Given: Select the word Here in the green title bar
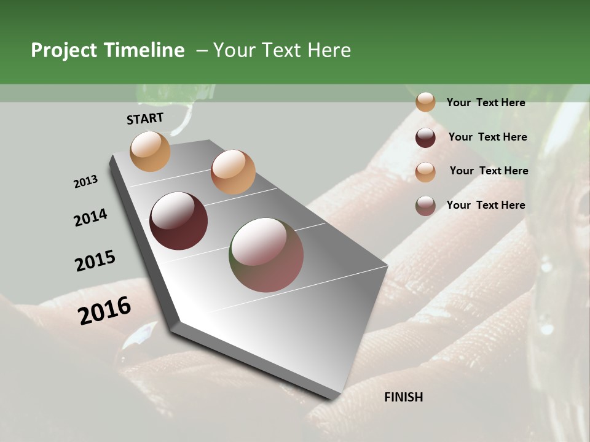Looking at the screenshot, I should [329, 50].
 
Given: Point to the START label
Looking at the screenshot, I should [145, 118].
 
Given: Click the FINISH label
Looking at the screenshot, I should [403, 397].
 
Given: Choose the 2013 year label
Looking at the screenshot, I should [85, 182].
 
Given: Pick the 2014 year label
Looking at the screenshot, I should [90, 217].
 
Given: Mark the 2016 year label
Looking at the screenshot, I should [104, 311].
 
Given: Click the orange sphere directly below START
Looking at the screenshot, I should [151, 151].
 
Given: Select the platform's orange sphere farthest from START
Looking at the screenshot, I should [233, 171].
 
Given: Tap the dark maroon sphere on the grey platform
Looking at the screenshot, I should [178, 221].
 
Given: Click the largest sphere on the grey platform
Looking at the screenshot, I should [266, 254].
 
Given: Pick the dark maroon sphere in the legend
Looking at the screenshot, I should [425, 138].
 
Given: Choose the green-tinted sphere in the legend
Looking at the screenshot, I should [425, 206].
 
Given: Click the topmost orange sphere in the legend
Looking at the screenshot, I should [425, 102].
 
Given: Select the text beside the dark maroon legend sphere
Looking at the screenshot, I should [487, 137].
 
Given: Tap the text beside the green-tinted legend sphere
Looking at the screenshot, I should [486, 205].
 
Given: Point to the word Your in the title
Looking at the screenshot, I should [233, 50].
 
